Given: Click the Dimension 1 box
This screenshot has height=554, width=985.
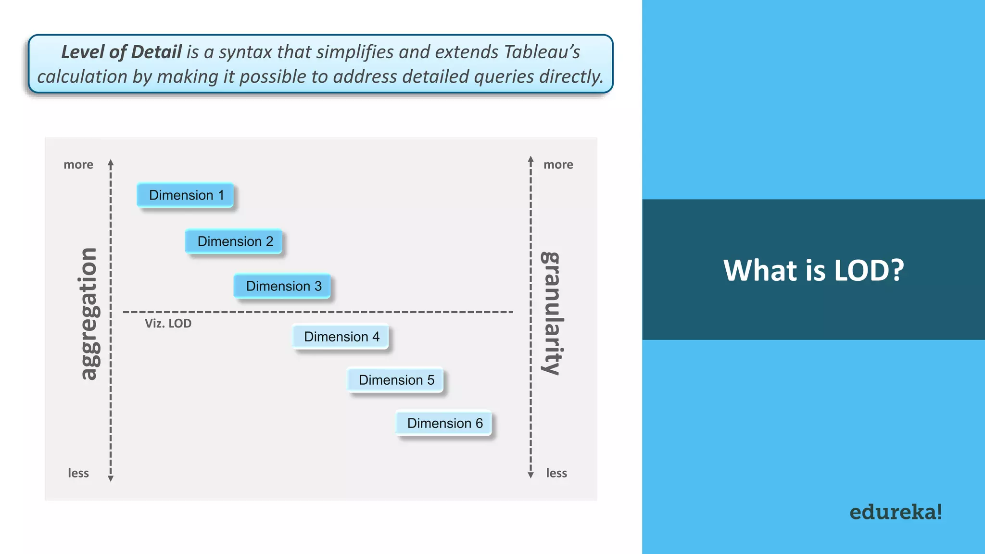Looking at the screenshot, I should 186,195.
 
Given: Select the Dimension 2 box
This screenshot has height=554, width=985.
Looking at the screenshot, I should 234,241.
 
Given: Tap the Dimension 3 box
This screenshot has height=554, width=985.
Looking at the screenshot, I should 283,286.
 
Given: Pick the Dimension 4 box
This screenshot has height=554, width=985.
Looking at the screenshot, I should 341,337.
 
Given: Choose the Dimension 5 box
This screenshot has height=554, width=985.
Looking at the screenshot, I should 395,380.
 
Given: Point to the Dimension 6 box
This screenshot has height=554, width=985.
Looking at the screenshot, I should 444,423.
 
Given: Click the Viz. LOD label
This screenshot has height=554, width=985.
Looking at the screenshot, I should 168,324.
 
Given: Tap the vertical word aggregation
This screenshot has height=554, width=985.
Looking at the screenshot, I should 88,314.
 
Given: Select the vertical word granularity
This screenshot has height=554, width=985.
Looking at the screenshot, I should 552,313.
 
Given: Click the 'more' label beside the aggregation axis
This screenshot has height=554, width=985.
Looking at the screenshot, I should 78,164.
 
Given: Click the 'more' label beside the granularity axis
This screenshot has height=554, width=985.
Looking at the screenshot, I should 558,164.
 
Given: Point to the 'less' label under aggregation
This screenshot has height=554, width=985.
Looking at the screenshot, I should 78,473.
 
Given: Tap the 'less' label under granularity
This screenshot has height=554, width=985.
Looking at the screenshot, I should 556,473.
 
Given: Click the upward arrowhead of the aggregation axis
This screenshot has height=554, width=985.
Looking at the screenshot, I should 111,163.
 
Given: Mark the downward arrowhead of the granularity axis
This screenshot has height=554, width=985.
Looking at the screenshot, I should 530,475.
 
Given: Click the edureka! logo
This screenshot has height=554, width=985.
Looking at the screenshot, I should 895,512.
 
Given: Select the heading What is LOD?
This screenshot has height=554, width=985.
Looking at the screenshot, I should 813,270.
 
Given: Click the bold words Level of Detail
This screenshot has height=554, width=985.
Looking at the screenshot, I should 121,52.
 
